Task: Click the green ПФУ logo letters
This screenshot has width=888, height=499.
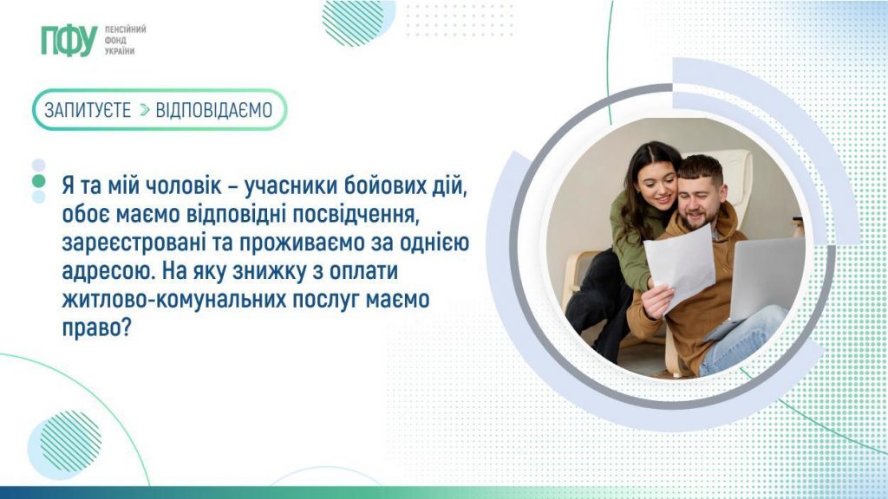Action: pyautogui.click(x=68, y=41)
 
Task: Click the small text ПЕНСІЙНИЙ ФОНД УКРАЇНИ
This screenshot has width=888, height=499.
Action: pyautogui.click(x=125, y=40)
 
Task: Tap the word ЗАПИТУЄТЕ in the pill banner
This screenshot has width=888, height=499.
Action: pyautogui.click(x=88, y=110)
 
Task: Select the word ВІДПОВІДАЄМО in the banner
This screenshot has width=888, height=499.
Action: pyautogui.click(x=214, y=110)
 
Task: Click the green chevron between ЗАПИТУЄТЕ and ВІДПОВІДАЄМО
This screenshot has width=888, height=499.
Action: pyautogui.click(x=145, y=110)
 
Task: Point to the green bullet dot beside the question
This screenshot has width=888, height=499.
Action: pyautogui.click(x=38, y=181)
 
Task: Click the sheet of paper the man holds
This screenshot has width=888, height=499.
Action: pyautogui.click(x=679, y=264)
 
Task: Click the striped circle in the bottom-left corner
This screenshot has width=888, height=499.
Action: pyautogui.click(x=70, y=441)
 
